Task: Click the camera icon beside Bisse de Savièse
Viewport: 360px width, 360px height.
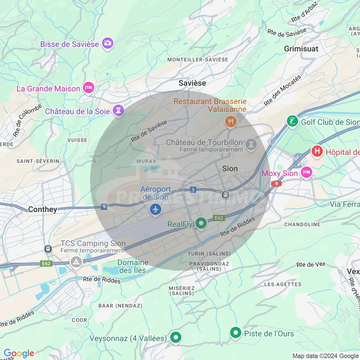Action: (108, 43)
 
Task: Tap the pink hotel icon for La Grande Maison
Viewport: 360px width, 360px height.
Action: (89, 88)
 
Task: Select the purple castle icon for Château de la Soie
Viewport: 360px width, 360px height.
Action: (118, 110)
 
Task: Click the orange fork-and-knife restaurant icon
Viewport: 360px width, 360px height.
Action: (230, 121)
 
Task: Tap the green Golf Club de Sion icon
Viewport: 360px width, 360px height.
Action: (293, 121)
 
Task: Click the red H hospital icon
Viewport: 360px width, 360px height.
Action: (318, 151)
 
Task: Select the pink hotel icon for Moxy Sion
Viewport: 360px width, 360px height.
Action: (306, 172)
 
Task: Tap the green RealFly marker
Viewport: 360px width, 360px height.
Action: (201, 223)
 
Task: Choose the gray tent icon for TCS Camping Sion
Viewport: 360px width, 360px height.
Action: (76, 261)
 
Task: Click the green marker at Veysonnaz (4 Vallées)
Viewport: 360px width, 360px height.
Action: (176, 337)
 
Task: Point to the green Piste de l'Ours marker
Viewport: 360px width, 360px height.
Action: (235, 333)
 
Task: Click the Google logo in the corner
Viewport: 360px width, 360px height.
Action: (19, 353)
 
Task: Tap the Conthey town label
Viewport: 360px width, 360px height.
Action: (43, 209)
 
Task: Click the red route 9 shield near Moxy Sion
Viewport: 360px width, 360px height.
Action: (276, 184)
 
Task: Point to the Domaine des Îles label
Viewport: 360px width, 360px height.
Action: (133, 266)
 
